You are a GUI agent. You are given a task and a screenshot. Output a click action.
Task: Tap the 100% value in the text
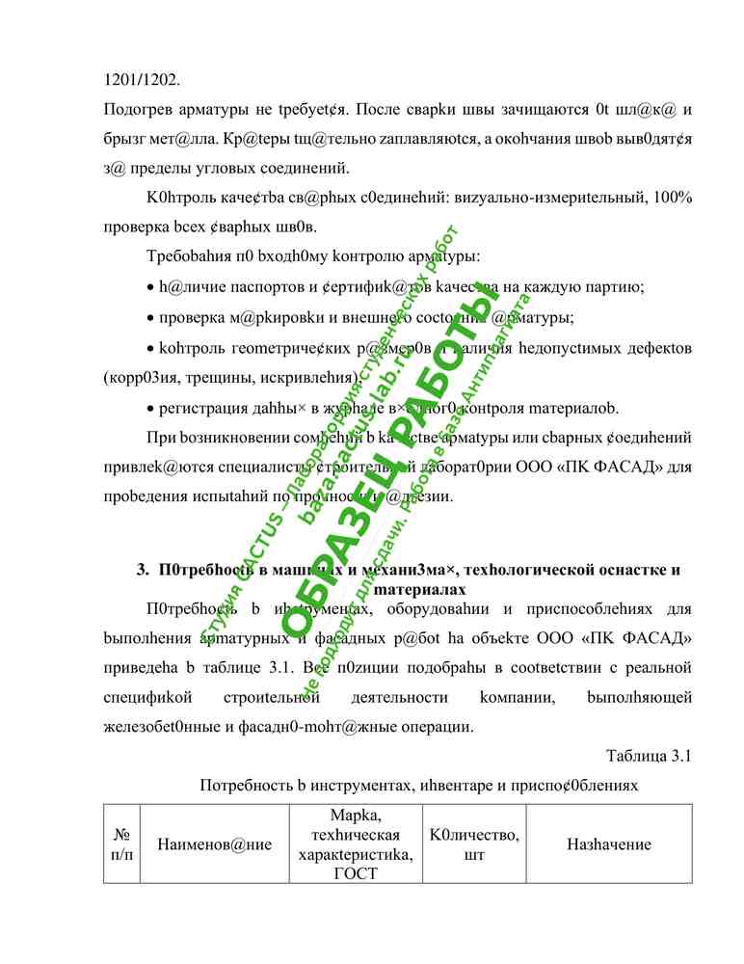(671, 198)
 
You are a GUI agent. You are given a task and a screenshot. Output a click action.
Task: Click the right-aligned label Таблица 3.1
(650, 754)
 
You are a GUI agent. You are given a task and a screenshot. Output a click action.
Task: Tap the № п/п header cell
(122, 844)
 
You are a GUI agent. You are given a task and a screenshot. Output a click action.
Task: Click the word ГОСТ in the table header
(358, 874)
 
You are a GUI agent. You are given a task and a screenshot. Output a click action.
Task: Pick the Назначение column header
(609, 844)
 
